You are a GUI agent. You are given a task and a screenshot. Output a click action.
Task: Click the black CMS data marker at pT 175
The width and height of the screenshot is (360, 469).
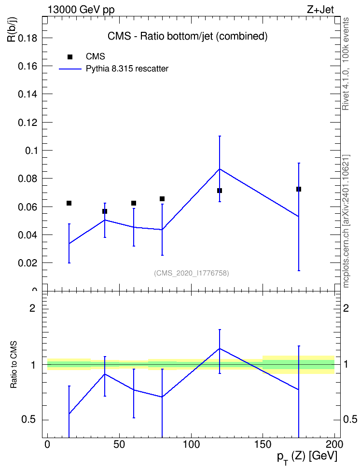pos(298,189)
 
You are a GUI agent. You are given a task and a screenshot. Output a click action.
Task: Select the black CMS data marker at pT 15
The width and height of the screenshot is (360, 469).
pos(69,203)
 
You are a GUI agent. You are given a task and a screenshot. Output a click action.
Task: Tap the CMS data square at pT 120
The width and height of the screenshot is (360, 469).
pos(220,191)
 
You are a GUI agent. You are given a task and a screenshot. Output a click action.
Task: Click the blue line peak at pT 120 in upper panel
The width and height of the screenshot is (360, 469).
pos(220,169)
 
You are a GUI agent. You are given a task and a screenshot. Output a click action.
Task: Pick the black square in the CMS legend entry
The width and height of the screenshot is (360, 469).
pos(70,57)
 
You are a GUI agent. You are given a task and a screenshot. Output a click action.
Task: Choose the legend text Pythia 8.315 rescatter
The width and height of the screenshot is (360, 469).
pos(127,69)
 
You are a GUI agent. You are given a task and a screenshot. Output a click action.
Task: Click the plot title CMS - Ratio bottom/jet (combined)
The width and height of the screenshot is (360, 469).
pos(187,36)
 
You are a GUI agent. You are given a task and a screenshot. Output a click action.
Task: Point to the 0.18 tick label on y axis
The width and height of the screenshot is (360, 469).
pos(28,38)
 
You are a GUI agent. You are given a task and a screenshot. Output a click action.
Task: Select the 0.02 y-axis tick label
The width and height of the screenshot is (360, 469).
pos(28,263)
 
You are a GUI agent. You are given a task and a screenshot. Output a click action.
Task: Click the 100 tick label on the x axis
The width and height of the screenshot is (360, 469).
pos(191,444)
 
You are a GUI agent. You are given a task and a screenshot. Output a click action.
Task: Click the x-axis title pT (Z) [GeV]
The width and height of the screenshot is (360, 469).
pos(307,457)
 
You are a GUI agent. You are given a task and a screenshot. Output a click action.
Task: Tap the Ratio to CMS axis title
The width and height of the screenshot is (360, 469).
pos(14,365)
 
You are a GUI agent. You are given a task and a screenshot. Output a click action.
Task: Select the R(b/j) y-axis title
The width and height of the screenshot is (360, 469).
pos(12,29)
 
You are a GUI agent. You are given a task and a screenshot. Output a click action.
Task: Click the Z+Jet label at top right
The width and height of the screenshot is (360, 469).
pos(320,10)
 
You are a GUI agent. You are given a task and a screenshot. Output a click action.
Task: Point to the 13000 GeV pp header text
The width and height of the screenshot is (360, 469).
pos(81,10)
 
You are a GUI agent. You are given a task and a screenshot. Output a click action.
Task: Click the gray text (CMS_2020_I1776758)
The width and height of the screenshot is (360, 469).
pos(192,273)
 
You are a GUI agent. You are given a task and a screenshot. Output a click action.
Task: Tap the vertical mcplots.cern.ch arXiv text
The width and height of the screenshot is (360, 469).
pos(346,221)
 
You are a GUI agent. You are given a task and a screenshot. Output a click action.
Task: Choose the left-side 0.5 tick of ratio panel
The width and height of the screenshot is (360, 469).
pos(28,420)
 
